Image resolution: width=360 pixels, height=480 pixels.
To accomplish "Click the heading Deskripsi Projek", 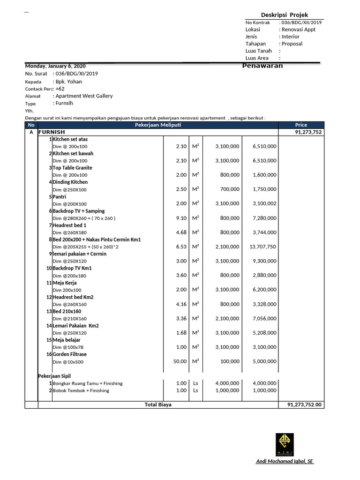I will tap(285, 15).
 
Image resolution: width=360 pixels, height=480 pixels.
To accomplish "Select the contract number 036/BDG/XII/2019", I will tap(301, 22).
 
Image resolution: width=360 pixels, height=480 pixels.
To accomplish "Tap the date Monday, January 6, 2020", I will tap(55, 66).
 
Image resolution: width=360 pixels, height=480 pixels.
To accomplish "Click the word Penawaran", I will tap(262, 66).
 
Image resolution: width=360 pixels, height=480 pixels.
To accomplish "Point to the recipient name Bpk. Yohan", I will tap(68, 81).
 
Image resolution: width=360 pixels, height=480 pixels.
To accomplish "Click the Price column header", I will tap(301, 125).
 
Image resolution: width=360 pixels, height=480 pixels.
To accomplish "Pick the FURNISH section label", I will tap(52, 132).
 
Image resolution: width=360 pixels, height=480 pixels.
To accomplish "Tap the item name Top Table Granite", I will tap(72, 168).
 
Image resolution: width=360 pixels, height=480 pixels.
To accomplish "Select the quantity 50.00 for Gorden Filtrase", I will tap(180, 362).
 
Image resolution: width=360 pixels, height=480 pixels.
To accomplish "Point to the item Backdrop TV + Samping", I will tap(78, 211).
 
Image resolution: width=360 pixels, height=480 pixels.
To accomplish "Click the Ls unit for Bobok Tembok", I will tap(195, 390).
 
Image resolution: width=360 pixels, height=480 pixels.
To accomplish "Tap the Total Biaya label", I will tap(158, 405).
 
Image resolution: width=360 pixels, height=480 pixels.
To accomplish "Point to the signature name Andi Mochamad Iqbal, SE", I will tap(285, 462).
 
